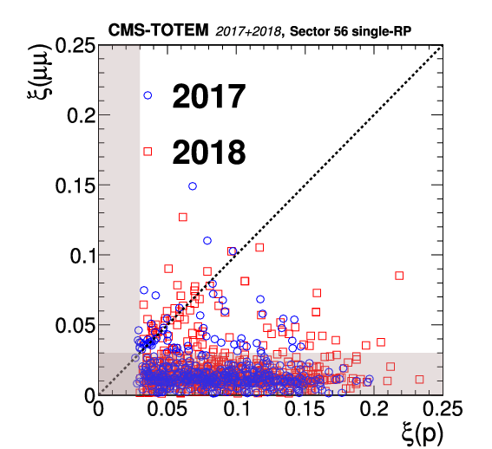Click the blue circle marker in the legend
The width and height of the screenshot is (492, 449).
[x=148, y=95]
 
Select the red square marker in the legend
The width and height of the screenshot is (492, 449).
[x=148, y=151]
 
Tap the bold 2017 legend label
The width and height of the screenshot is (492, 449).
[x=208, y=97]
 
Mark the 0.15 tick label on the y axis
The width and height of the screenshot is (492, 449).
[x=74, y=185]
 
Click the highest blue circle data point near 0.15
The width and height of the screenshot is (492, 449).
[x=193, y=185]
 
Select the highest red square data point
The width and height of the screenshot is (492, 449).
[x=183, y=217]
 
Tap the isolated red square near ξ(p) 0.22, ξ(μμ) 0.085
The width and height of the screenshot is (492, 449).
[x=399, y=276]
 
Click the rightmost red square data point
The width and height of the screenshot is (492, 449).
[x=419, y=379]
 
